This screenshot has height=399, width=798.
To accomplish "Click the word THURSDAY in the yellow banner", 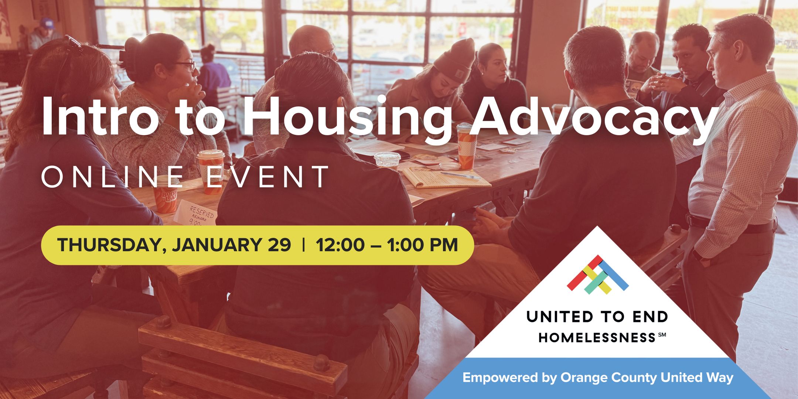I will (109, 245).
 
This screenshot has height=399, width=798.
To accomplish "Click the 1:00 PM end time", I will (422, 245).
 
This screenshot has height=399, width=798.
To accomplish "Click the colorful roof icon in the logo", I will (597, 274).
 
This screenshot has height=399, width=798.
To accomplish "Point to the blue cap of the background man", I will (47, 24).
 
